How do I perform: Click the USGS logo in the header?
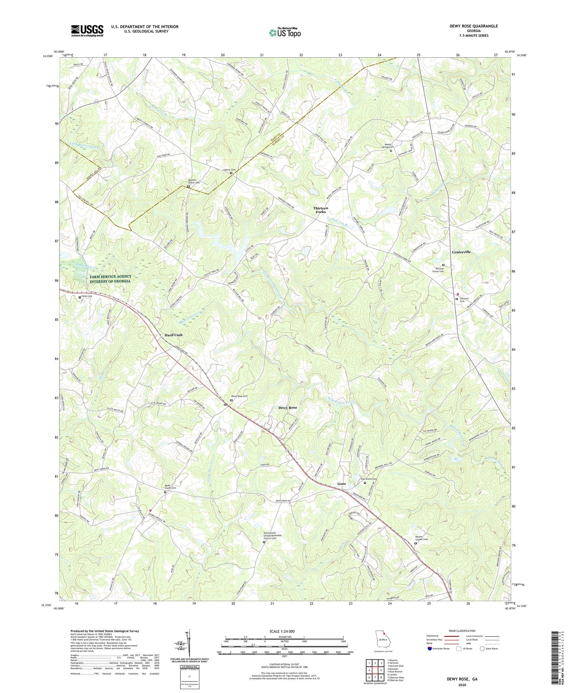click(x=87, y=31)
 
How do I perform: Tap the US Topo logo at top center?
click(x=285, y=32)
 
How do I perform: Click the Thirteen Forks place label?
click(x=320, y=209)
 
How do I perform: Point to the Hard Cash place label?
click(x=173, y=335)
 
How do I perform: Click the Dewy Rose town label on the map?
click(x=287, y=408)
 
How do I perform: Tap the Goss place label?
click(x=341, y=484)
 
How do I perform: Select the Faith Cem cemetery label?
click(x=87, y=296)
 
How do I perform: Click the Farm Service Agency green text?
click(x=110, y=279)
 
